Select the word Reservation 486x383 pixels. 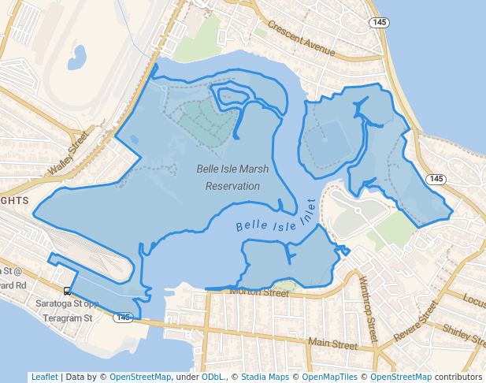(x=232, y=187)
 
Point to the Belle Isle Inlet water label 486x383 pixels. (x=276, y=217)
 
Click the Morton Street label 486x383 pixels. (x=260, y=292)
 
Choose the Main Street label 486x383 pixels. (x=332, y=343)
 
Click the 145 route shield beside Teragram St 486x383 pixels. (x=122, y=318)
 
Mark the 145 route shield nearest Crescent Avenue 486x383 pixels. (x=380, y=23)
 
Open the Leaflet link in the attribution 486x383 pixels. (x=44, y=377)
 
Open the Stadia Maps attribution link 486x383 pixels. (x=265, y=377)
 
